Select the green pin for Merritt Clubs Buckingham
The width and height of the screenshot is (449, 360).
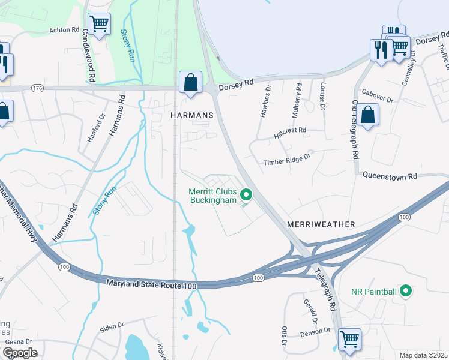[x=246, y=194]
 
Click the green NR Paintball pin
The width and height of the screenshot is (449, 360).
[x=405, y=292]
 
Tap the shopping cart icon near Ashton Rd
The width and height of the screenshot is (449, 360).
[x=100, y=25]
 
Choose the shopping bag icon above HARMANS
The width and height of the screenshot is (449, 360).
[x=190, y=82]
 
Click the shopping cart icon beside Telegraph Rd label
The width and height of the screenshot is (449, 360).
[x=349, y=339]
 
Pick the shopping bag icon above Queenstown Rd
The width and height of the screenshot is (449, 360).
[x=370, y=114]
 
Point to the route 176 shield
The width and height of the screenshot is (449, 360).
[x=38, y=88]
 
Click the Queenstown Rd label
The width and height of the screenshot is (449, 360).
[x=390, y=176]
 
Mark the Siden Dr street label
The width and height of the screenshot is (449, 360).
[x=112, y=328]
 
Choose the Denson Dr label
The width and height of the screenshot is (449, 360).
[x=315, y=331]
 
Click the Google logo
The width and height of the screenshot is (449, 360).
[x=19, y=352]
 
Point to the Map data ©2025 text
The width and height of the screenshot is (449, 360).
[x=423, y=355]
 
